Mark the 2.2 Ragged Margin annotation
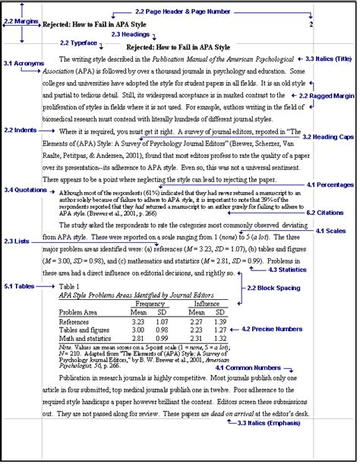point(328,96)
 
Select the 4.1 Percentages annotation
point(331,185)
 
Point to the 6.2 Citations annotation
point(331,213)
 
